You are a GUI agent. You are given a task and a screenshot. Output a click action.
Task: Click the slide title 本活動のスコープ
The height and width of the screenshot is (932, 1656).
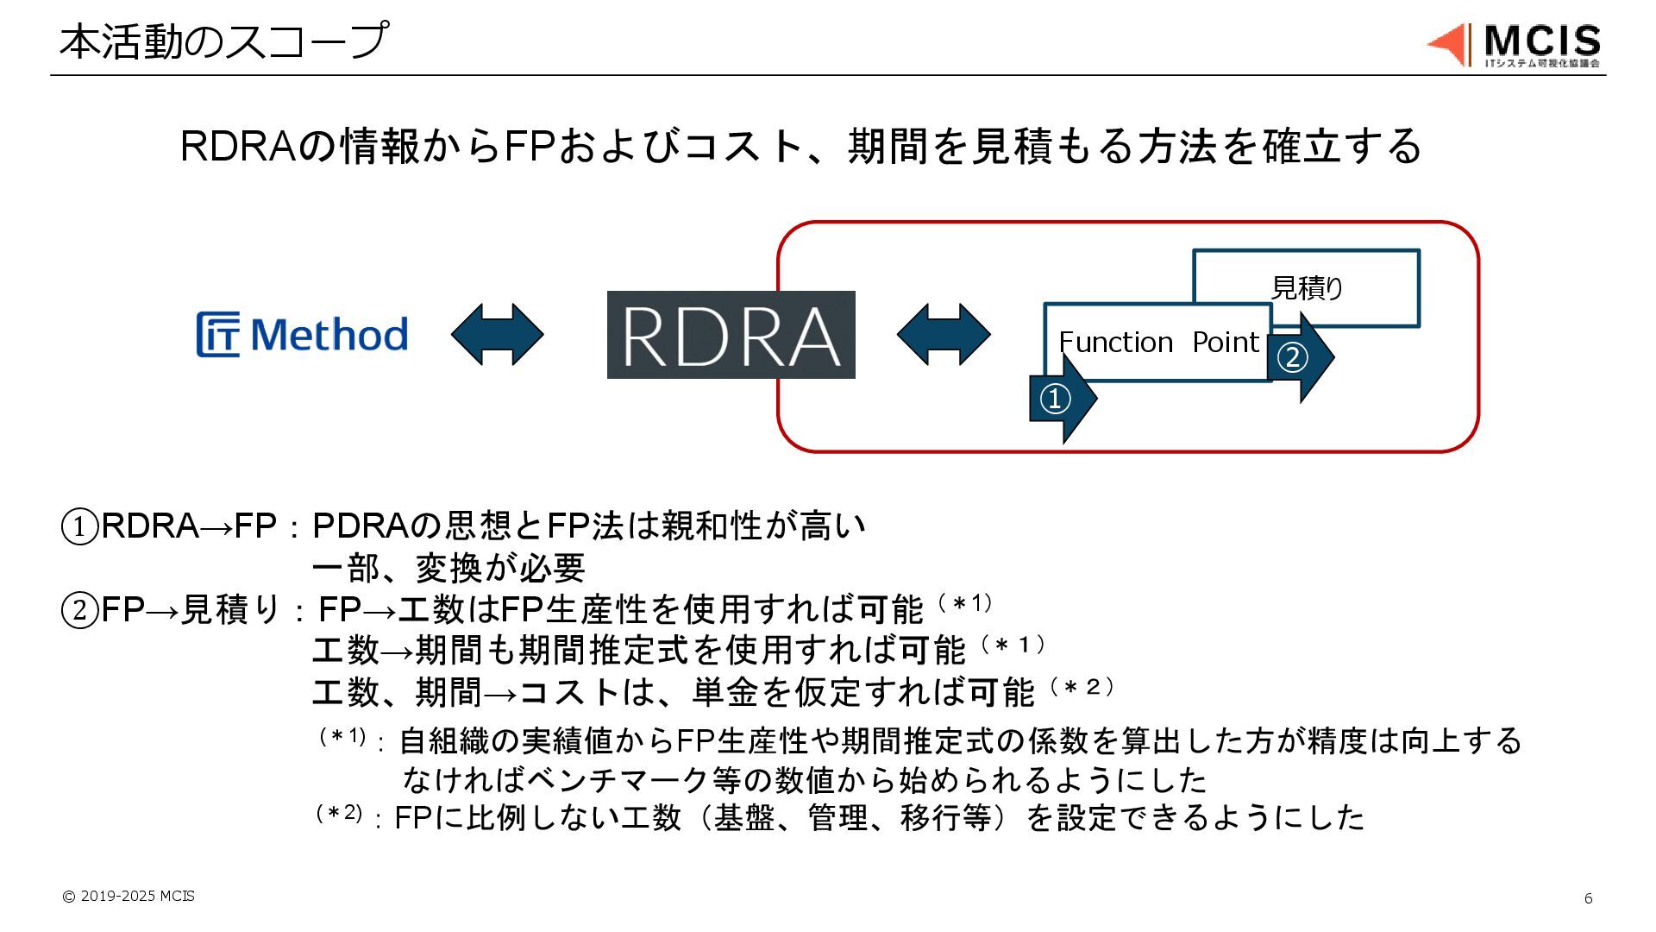pyautogui.click(x=223, y=41)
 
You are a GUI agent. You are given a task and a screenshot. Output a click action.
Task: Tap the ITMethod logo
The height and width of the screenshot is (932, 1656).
pyautogui.click(x=302, y=335)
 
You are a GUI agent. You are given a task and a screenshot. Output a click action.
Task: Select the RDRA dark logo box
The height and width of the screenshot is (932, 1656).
pyautogui.click(x=731, y=335)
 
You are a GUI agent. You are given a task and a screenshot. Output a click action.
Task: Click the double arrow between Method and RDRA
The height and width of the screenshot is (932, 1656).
pyautogui.click(x=497, y=334)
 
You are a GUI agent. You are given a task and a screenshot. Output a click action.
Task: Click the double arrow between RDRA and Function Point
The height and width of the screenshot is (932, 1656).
pyautogui.click(x=944, y=334)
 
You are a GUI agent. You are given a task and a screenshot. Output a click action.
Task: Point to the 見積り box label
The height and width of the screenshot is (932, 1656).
pyautogui.click(x=1307, y=288)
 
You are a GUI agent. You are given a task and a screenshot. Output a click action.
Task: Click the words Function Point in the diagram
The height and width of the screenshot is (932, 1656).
pyautogui.click(x=1158, y=343)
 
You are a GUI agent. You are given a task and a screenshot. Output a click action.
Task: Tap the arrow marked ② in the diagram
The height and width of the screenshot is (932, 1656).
pyautogui.click(x=1297, y=356)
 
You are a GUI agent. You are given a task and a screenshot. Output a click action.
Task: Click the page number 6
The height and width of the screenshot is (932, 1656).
pyautogui.click(x=1588, y=898)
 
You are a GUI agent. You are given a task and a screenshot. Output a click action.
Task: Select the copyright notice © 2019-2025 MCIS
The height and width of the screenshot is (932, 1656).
pyautogui.click(x=129, y=896)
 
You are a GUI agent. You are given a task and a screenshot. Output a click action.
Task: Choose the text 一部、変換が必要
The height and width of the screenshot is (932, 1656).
pyautogui.click(x=448, y=568)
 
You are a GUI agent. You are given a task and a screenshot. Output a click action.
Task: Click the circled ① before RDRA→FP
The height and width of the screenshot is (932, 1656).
pyautogui.click(x=79, y=526)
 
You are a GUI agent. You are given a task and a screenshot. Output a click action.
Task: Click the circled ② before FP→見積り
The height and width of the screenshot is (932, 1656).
pyautogui.click(x=79, y=610)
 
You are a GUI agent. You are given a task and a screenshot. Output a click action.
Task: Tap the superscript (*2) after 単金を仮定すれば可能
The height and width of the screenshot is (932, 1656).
pyautogui.click(x=1082, y=687)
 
